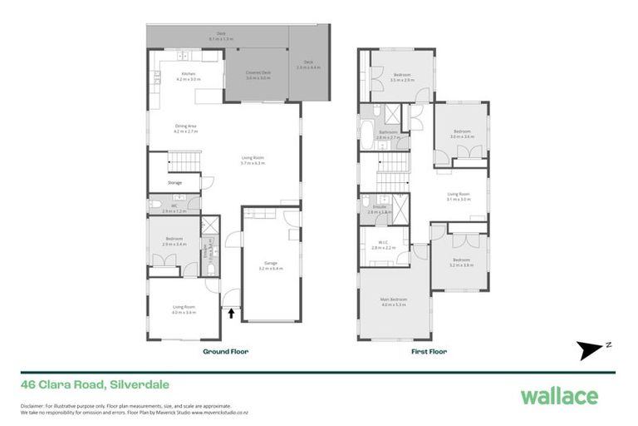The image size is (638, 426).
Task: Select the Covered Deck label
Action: coord(258,76)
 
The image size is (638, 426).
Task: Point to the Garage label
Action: coord(271,267)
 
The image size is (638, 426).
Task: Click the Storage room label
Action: coord(174,182)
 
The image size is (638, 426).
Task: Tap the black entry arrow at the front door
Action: coord(231,314)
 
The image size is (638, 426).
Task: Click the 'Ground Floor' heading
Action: coord(226,351)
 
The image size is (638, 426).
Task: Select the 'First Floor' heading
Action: coord(429,351)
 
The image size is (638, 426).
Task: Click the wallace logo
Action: coord(558,395)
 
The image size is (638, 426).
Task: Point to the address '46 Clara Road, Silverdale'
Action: coord(83,384)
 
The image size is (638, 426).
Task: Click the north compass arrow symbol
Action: coord(591,347)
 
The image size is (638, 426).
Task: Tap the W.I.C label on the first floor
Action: coord(382,245)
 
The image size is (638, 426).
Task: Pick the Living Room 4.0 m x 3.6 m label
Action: coord(184,310)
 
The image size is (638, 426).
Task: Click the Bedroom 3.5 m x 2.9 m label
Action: coord(402,77)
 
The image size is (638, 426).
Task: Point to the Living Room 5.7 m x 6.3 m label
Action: coord(253,160)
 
